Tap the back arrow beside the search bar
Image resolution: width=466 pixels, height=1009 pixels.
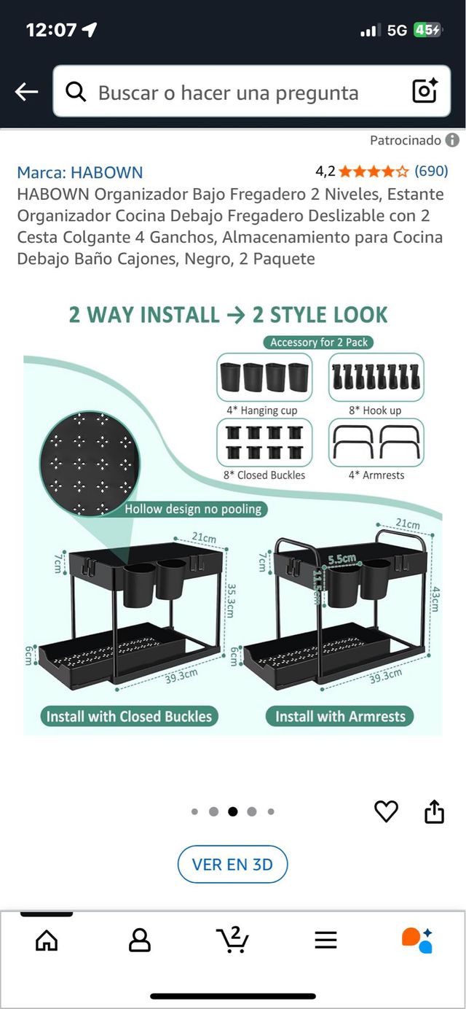(x=26, y=92)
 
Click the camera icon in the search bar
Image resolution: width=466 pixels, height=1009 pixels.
(x=425, y=90)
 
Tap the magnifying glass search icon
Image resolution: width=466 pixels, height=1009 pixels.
(x=76, y=92)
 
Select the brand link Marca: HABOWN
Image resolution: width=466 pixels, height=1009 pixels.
(x=80, y=173)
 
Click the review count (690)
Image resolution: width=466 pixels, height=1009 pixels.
(x=431, y=171)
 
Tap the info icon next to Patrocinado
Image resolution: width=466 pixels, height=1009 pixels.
(x=452, y=141)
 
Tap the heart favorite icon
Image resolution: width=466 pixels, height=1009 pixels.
(x=387, y=811)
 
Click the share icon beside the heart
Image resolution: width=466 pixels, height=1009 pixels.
(x=435, y=811)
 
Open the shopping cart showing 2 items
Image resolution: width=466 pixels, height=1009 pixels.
(x=232, y=939)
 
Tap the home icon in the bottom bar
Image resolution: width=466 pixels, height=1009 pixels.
(x=47, y=940)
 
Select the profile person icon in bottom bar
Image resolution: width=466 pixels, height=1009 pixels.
(x=140, y=940)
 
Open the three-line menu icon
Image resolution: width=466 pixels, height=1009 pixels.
(x=325, y=940)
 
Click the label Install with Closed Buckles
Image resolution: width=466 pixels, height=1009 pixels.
(x=129, y=716)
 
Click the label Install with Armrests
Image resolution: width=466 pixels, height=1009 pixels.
(x=340, y=716)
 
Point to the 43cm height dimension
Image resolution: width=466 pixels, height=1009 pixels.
(x=436, y=599)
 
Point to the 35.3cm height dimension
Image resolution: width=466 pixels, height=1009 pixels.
(x=230, y=601)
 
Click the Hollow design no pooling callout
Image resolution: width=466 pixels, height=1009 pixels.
(x=193, y=510)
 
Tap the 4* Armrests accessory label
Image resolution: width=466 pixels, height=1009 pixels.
(x=376, y=475)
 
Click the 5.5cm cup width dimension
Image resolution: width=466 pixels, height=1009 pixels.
(x=342, y=559)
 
